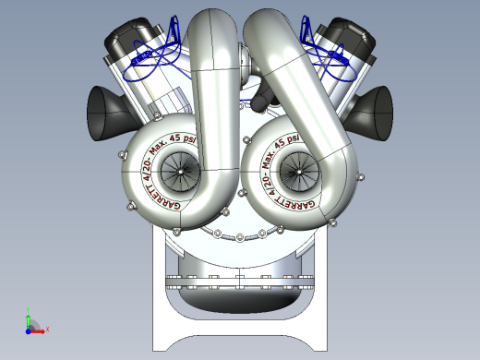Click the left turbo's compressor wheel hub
(173, 170)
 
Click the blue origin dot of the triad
(29, 329)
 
